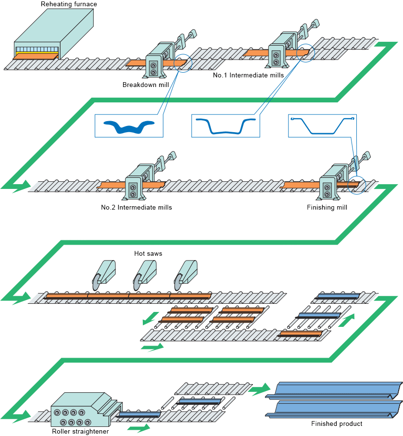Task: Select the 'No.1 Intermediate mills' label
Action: click(248, 75)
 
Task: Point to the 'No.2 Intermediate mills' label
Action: click(137, 208)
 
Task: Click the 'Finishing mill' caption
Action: click(327, 208)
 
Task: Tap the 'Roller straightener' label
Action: click(80, 431)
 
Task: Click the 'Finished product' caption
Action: click(337, 424)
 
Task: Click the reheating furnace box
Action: click(53, 34)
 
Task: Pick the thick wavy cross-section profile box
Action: click(129, 126)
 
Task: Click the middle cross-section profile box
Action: click(226, 126)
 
